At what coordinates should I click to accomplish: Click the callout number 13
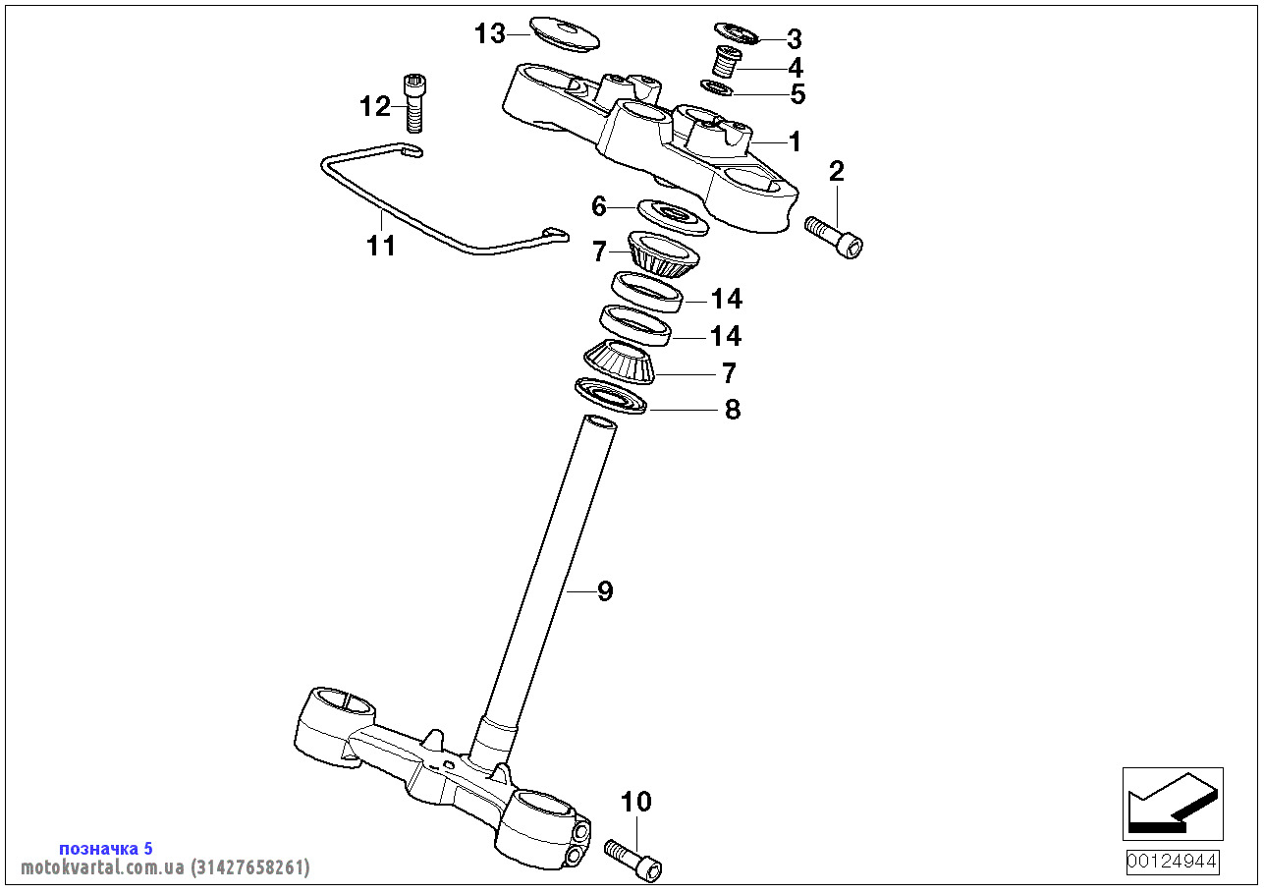click(489, 33)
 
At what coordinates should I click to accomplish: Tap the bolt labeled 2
click(835, 236)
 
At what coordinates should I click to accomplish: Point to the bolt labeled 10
click(633, 858)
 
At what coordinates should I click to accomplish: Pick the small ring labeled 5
click(719, 88)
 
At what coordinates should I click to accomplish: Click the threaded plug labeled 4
click(726, 62)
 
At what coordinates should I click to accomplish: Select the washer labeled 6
click(673, 216)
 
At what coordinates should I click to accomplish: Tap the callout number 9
click(605, 591)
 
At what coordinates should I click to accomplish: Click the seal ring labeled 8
click(611, 396)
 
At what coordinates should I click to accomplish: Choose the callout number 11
click(381, 246)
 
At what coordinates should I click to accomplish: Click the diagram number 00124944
click(1173, 863)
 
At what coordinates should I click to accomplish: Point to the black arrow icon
click(1173, 804)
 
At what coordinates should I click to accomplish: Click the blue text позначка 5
click(106, 848)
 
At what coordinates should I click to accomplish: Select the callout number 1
click(796, 141)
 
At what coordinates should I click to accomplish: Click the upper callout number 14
click(727, 299)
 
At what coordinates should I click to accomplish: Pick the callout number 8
click(733, 410)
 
